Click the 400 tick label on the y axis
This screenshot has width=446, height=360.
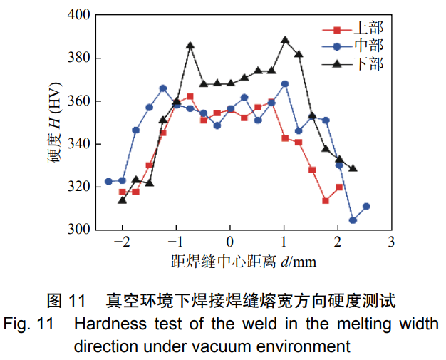[78, 15]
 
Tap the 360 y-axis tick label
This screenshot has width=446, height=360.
[78, 101]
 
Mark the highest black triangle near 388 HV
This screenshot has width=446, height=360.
[285, 41]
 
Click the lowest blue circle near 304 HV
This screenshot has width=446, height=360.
[353, 220]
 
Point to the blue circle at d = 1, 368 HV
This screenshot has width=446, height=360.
[285, 83]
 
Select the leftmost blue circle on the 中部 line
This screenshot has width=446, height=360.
[108, 181]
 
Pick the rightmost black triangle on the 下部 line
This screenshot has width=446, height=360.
[353, 168]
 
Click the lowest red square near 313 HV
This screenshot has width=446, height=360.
[326, 201]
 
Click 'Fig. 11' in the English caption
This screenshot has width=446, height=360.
[27, 325]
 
